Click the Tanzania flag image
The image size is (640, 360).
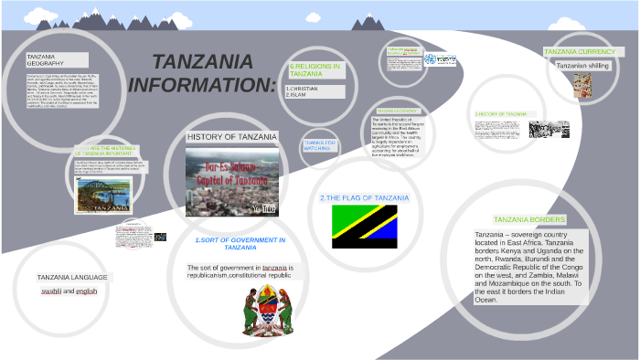tap(364, 227)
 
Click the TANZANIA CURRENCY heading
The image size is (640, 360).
tap(579, 52)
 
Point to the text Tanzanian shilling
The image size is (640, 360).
tap(580, 66)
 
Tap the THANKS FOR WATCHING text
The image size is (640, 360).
tap(320, 145)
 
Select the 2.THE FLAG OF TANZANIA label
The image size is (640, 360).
tap(364, 198)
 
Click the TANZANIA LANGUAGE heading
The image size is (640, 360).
tap(72, 277)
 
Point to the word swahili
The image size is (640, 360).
tap(51, 291)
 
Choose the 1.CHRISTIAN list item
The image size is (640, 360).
tap(302, 88)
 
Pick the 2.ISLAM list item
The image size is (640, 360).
tap(296, 94)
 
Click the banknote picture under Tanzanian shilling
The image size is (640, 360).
tap(582, 85)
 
